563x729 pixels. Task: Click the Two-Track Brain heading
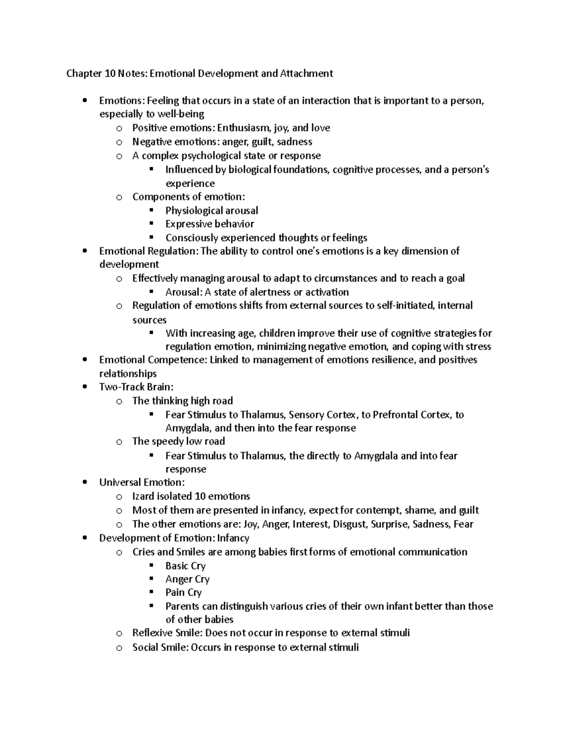(136, 387)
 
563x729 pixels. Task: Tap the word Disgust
(350, 524)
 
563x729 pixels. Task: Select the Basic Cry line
(185, 566)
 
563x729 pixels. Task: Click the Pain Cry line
(183, 592)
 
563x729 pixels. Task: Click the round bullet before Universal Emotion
(84, 483)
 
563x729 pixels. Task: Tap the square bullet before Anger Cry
(151, 579)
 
